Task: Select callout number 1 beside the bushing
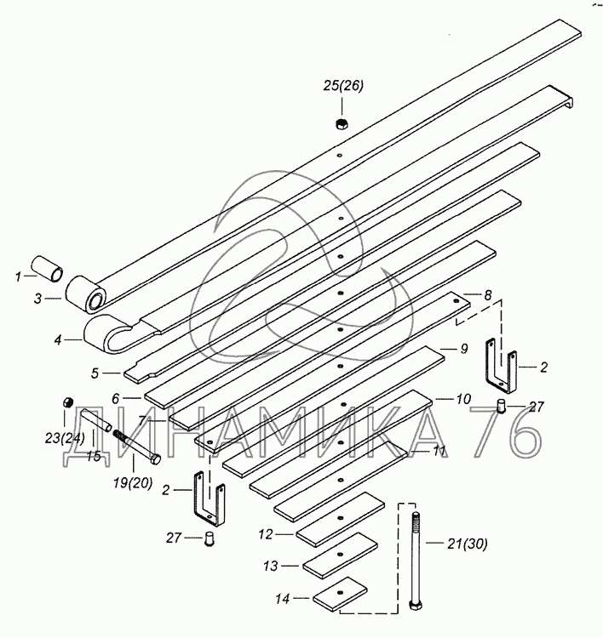pyautogui.click(x=16, y=276)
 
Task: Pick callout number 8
pyautogui.click(x=487, y=294)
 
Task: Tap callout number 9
pyautogui.click(x=464, y=348)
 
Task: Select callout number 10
pyautogui.click(x=462, y=398)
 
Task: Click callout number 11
pyautogui.click(x=438, y=451)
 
